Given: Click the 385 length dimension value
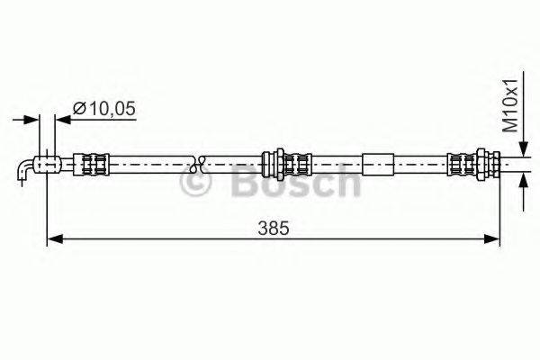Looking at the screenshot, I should coord(275,229).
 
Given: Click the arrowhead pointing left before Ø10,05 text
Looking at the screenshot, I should coord(61,118).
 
